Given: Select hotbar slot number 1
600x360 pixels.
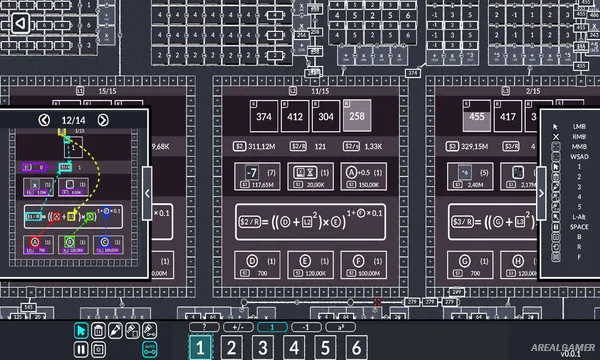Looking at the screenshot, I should tap(201, 347).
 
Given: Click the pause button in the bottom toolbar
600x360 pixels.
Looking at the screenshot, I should tap(82, 349).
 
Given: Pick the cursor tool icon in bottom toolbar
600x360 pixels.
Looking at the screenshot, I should tap(82, 330).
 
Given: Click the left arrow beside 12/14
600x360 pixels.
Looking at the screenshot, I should tap(44, 121).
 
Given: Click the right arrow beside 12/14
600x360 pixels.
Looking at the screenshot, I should tap(103, 121).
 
